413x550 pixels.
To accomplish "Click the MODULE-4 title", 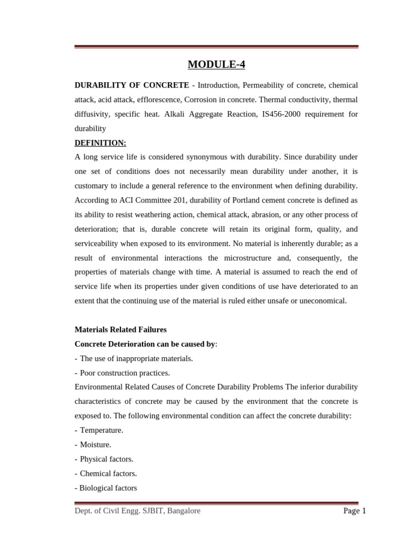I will [216, 65].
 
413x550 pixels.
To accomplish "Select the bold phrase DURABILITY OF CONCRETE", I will [132, 85].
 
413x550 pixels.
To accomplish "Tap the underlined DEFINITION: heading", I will [101, 143].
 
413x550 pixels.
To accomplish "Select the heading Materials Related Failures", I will [120, 329].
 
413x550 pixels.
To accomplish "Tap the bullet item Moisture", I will [95, 445].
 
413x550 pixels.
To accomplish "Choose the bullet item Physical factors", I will [106, 459].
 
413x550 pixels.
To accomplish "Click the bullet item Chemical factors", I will [108, 474].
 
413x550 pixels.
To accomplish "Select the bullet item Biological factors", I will [108, 488].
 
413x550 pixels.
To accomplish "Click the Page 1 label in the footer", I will [354, 511].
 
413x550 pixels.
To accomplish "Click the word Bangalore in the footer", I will [184, 511].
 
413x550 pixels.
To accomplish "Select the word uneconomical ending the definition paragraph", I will [319, 301].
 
